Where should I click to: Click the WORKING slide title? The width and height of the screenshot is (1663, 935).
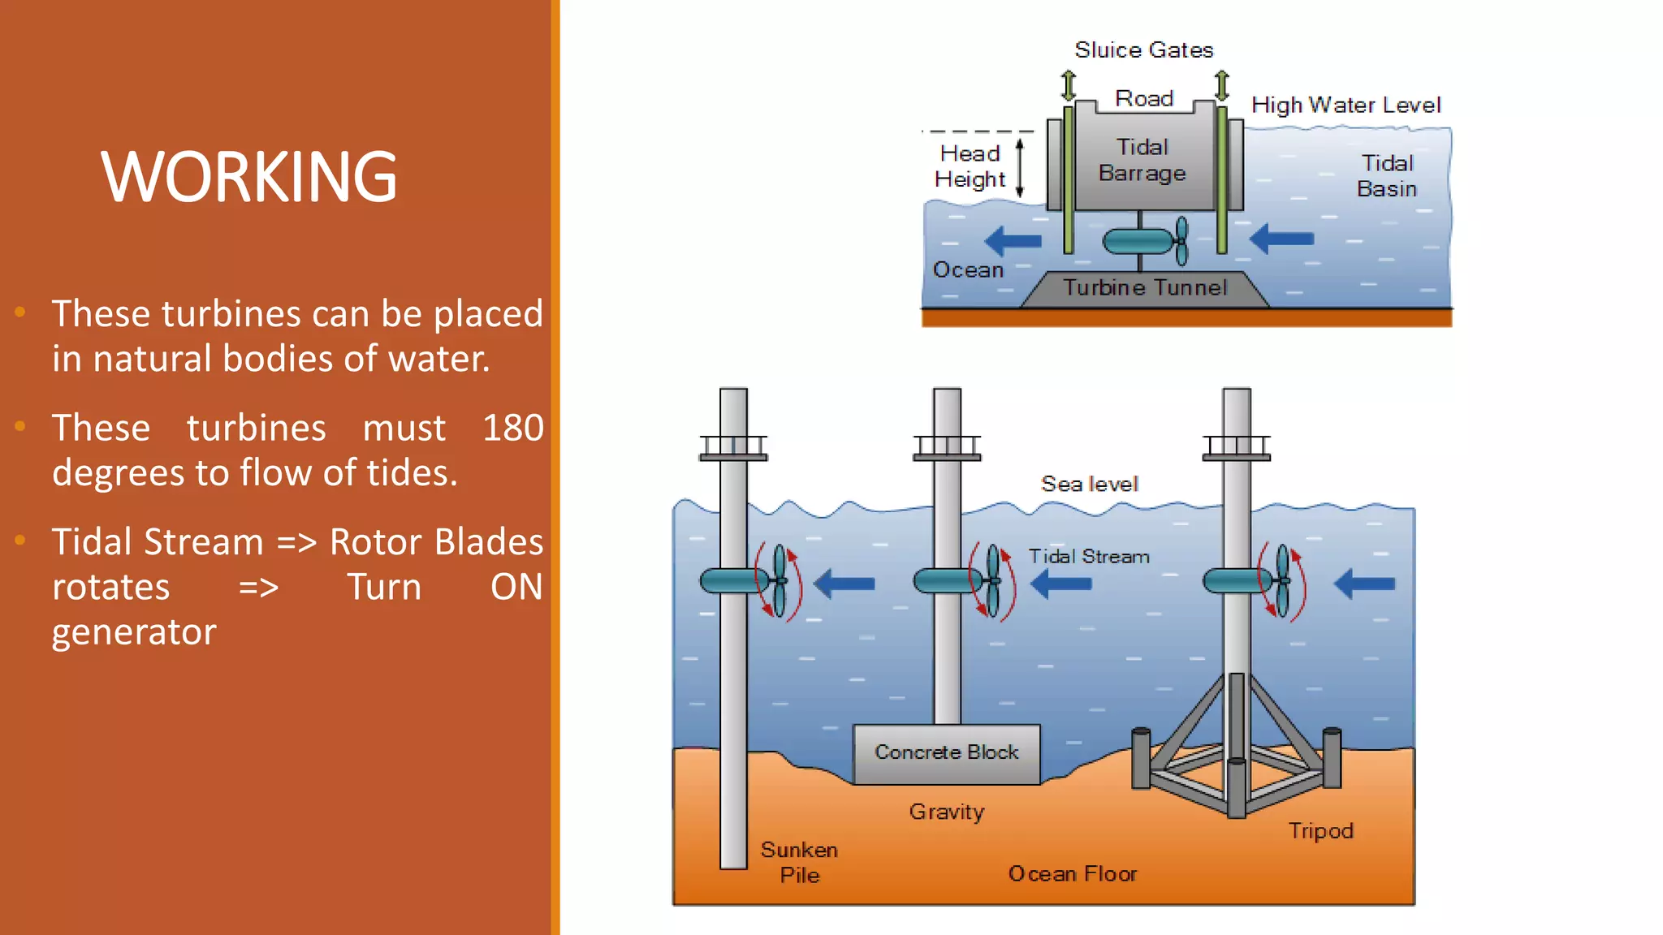tap(248, 176)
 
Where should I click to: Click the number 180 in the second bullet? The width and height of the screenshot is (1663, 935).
tap(512, 428)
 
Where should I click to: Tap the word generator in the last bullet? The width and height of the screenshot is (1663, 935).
tap(134, 631)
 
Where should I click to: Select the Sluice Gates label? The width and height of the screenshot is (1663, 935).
tap(1143, 50)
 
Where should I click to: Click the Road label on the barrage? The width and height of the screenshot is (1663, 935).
tap(1143, 98)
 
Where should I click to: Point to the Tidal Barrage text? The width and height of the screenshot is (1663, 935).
tap(1142, 160)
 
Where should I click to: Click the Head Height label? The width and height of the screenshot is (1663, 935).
tap(970, 166)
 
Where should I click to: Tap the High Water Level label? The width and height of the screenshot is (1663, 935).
tap(1346, 106)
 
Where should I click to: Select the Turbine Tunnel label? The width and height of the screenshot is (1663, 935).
tap(1145, 287)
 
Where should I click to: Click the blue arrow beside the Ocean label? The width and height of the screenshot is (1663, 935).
tap(1013, 241)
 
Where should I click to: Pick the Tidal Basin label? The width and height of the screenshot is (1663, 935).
tap(1387, 176)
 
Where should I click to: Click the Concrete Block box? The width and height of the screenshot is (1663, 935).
tap(946, 753)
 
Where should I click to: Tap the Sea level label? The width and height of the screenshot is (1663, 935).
tap(1089, 485)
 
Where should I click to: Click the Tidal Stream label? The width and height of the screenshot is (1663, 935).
tap(1089, 557)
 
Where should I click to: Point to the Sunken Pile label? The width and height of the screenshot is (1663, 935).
tap(799, 862)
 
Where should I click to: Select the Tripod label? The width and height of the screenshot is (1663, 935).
tap(1320, 831)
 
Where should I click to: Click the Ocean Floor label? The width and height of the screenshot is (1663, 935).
tap(1072, 874)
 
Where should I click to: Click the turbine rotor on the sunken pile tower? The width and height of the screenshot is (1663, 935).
tap(778, 580)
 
